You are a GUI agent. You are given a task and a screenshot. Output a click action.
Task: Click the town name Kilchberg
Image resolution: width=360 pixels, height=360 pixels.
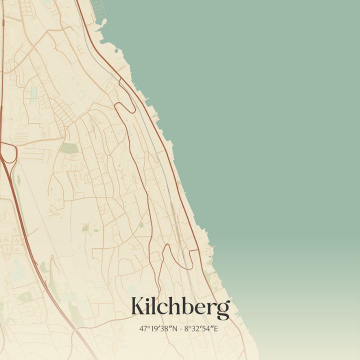(x=180, y=306)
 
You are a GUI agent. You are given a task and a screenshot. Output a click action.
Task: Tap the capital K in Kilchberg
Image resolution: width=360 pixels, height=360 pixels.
(x=138, y=306)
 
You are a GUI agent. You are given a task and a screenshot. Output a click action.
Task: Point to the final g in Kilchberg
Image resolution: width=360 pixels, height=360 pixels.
(x=223, y=309)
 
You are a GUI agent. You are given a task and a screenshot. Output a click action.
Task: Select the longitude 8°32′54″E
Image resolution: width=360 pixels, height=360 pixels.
(x=201, y=328)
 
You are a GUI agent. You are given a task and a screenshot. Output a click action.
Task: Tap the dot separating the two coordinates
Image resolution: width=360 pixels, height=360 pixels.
(x=181, y=328)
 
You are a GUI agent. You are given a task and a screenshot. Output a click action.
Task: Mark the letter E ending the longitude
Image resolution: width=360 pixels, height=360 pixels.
(x=216, y=328)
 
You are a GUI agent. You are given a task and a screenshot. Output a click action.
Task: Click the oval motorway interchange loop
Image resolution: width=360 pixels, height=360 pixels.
(x=8, y=152)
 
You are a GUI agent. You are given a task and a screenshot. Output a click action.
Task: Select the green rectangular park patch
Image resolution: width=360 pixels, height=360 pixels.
(x=69, y=148)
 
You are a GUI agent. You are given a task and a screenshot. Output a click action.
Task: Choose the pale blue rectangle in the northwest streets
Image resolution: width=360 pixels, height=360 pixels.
(x=33, y=92)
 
